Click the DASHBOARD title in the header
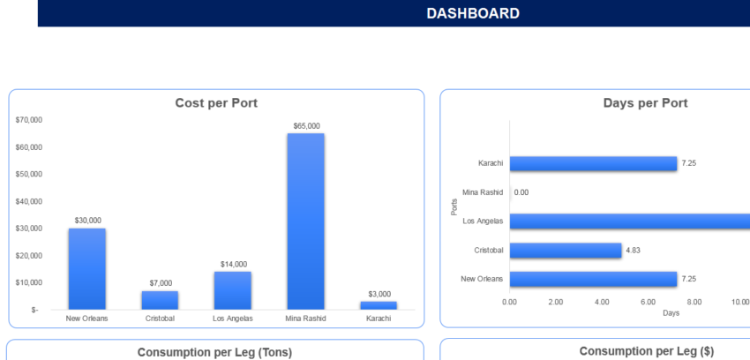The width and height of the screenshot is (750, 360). click(x=473, y=13)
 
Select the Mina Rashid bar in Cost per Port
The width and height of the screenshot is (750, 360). click(x=305, y=221)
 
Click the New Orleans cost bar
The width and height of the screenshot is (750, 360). click(x=87, y=268)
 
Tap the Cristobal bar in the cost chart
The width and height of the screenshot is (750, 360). click(x=160, y=300)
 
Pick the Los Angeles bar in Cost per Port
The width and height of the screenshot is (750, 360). click(x=232, y=290)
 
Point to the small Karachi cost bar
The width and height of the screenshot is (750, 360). click(x=378, y=305)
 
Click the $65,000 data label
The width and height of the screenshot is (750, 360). click(x=305, y=126)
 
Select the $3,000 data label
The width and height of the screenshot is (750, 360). click(x=379, y=294)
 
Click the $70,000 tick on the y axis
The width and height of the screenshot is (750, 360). click(x=29, y=120)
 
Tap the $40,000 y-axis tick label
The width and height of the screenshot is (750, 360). click(x=29, y=201)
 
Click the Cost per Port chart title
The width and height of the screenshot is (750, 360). click(x=216, y=103)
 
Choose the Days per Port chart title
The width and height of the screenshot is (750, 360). click(x=645, y=103)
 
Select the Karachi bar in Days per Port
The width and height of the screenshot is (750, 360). click(x=593, y=163)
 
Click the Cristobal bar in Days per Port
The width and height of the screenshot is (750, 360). click(x=565, y=250)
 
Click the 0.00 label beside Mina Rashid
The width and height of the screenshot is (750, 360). click(x=521, y=192)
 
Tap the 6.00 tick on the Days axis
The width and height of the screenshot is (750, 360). click(x=648, y=302)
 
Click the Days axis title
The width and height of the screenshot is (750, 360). click(x=671, y=312)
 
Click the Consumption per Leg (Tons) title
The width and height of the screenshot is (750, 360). click(x=214, y=352)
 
